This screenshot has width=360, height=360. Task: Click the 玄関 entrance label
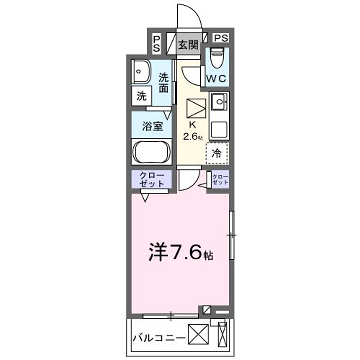188,45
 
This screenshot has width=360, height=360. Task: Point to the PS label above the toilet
220,38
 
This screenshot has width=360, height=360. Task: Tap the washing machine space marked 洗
142,97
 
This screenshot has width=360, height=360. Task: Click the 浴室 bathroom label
153,128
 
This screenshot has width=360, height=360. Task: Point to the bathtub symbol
152,154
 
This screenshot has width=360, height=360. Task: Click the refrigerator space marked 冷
217,153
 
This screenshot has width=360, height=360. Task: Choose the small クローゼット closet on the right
219,180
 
